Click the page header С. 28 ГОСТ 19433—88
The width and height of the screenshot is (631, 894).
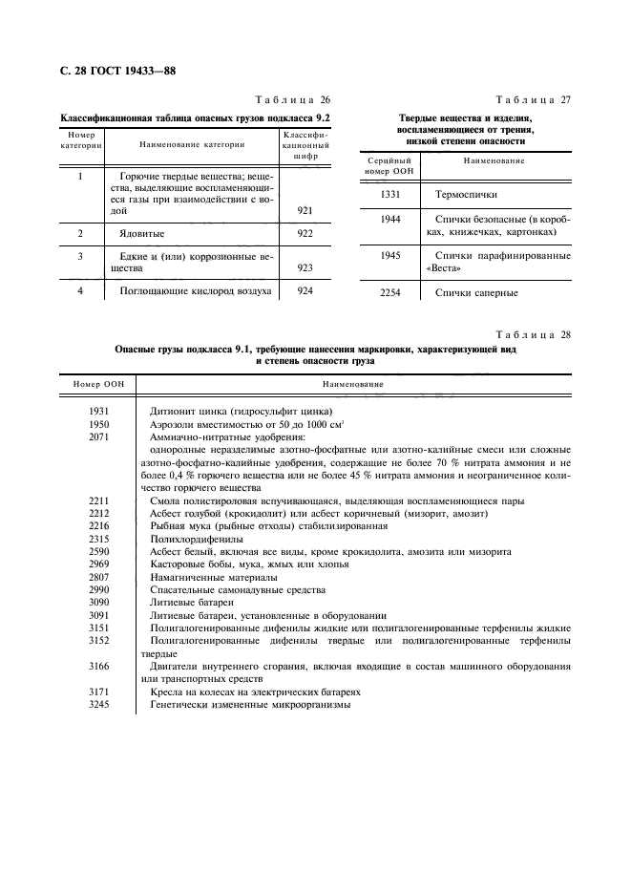pos(113,70)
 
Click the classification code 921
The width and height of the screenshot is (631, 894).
pos(305,210)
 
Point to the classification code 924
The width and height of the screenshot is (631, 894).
pos(305,290)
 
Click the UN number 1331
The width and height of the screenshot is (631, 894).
pos(389,194)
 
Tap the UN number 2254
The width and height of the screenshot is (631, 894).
pos(389,292)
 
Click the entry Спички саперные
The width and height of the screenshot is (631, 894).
pos(476,292)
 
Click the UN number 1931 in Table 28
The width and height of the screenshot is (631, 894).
pos(99,411)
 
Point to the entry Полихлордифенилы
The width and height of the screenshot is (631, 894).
pos(197,539)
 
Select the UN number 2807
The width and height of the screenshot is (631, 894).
pos(99,577)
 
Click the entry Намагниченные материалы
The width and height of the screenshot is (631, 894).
pos(214,577)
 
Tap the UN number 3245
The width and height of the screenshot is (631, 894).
pos(99,705)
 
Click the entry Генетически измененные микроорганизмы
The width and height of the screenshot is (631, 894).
pos(250,705)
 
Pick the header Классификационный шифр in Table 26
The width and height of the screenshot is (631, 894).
pos(305,144)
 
